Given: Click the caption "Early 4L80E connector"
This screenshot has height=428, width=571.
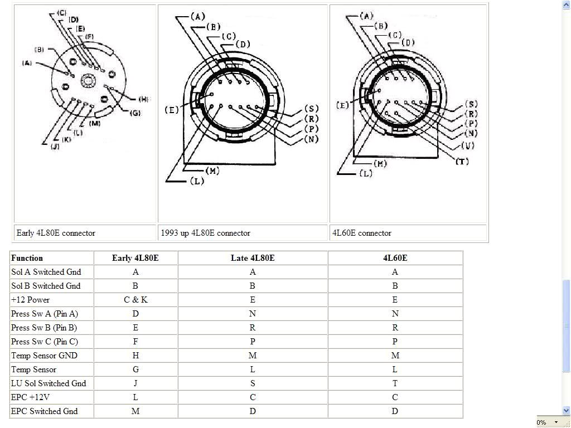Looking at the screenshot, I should tap(56, 233).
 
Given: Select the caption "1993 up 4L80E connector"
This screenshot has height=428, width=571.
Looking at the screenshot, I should tap(205, 233).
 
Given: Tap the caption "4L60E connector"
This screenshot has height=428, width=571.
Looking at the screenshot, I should tap(362, 233).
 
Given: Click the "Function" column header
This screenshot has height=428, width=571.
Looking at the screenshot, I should tap(27, 258).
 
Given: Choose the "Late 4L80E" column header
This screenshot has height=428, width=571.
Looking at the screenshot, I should tap(253, 258).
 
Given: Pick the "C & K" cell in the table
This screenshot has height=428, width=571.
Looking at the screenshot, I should tap(136, 300).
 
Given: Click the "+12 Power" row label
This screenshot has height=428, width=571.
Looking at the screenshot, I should tap(30, 300).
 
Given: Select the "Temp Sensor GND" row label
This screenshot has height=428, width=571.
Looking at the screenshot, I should tap(44, 356).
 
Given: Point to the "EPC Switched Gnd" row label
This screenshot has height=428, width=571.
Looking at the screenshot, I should tap(44, 411).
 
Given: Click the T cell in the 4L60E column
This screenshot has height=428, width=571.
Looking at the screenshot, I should tap(395, 383).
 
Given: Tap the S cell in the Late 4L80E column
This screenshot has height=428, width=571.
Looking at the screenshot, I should tap(253, 383).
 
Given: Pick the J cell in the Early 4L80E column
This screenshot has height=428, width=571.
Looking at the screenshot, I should tap(136, 383).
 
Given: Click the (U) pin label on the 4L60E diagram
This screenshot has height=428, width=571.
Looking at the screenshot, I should tap(468, 146).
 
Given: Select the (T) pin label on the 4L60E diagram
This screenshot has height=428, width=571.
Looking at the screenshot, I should tap(462, 162).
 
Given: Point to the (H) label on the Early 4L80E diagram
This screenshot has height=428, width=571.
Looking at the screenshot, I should tap(143, 99).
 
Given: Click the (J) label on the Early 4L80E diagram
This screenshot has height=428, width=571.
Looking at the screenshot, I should tap(55, 147).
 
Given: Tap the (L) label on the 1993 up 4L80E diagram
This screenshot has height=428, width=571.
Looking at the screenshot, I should tap(197, 181).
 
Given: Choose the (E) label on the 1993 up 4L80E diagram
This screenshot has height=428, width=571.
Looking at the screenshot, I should tap(172, 110).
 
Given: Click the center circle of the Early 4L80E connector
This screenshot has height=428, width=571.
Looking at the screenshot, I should tap(88, 81).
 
